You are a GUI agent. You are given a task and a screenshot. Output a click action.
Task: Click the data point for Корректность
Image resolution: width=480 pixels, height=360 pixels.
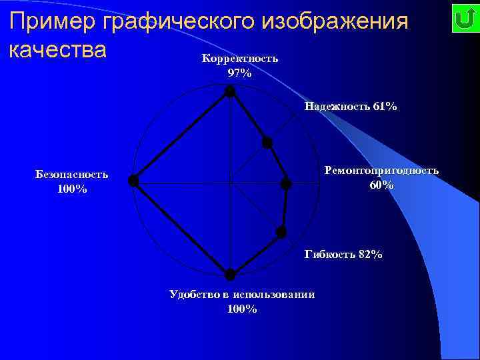(229, 92)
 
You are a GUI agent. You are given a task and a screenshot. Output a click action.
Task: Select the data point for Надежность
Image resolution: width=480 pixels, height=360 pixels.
(267, 142)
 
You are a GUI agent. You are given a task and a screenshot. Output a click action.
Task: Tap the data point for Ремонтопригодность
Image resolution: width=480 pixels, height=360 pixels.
(286, 183)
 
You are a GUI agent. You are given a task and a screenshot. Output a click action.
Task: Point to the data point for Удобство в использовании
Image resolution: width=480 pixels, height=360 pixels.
(230, 274)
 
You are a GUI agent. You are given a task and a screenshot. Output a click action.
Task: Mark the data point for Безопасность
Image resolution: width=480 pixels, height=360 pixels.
(133, 180)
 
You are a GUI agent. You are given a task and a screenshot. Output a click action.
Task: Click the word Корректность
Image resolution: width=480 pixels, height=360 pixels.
(239, 59)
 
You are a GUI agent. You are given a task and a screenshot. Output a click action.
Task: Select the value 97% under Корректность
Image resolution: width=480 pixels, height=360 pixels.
(239, 73)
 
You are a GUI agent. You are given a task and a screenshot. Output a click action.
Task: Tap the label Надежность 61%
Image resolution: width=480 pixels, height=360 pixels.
(351, 106)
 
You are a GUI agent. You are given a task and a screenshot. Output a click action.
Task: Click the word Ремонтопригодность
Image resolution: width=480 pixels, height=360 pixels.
(381, 171)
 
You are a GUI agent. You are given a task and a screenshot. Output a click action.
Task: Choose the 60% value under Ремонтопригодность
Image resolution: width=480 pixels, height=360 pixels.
(381, 185)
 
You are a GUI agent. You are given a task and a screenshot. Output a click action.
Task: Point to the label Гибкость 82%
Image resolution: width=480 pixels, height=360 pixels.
(343, 254)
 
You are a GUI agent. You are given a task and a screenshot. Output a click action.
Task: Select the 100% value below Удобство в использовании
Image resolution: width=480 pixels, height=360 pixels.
(242, 309)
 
